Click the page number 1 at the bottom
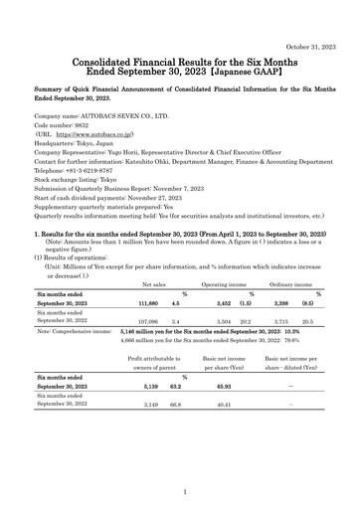click(x=180, y=491)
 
